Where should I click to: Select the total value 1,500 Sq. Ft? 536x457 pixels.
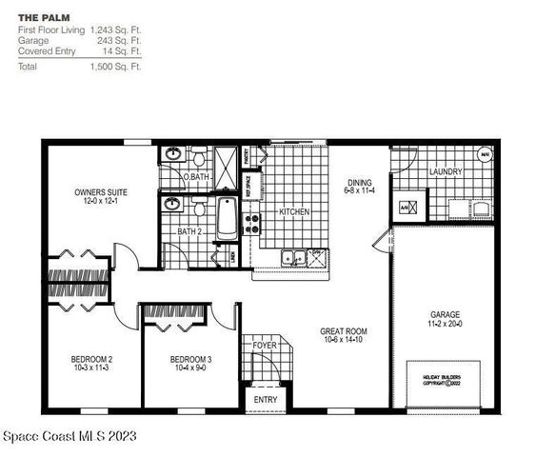coord(115,68)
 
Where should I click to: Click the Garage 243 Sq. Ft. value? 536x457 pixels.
coord(120,40)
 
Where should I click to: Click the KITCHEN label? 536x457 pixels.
coord(294,211)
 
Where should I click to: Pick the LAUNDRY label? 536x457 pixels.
coord(445,172)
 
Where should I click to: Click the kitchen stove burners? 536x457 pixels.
coord(253,223)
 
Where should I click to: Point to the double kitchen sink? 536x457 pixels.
coord(293,256)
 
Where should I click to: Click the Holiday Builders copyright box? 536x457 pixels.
coord(447,383)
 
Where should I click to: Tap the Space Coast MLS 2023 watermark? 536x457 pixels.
coord(69,436)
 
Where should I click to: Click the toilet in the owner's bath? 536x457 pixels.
coord(198,156)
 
